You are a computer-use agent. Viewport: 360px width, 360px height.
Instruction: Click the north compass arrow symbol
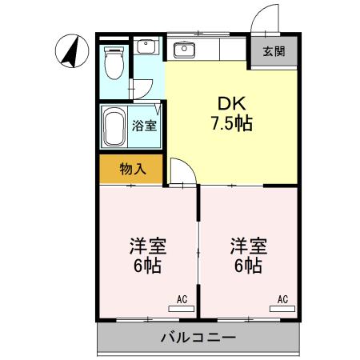pyautogui.click(x=70, y=52)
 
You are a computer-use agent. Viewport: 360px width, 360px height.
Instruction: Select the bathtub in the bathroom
pyautogui.click(x=114, y=126)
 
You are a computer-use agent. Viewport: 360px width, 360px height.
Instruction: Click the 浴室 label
pyautogui.click(x=144, y=126)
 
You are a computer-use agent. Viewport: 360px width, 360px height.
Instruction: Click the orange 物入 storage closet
pyautogui.click(x=132, y=169)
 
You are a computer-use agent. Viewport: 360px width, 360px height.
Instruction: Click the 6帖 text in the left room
pyautogui.click(x=146, y=265)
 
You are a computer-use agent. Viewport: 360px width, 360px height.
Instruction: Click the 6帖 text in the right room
pyautogui.click(x=248, y=265)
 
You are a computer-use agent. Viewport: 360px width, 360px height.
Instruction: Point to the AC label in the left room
pyautogui.click(x=182, y=299)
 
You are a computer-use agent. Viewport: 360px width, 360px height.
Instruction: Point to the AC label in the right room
pyautogui.click(x=282, y=299)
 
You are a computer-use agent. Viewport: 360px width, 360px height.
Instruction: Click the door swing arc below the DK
pyautogui.click(x=180, y=170)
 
